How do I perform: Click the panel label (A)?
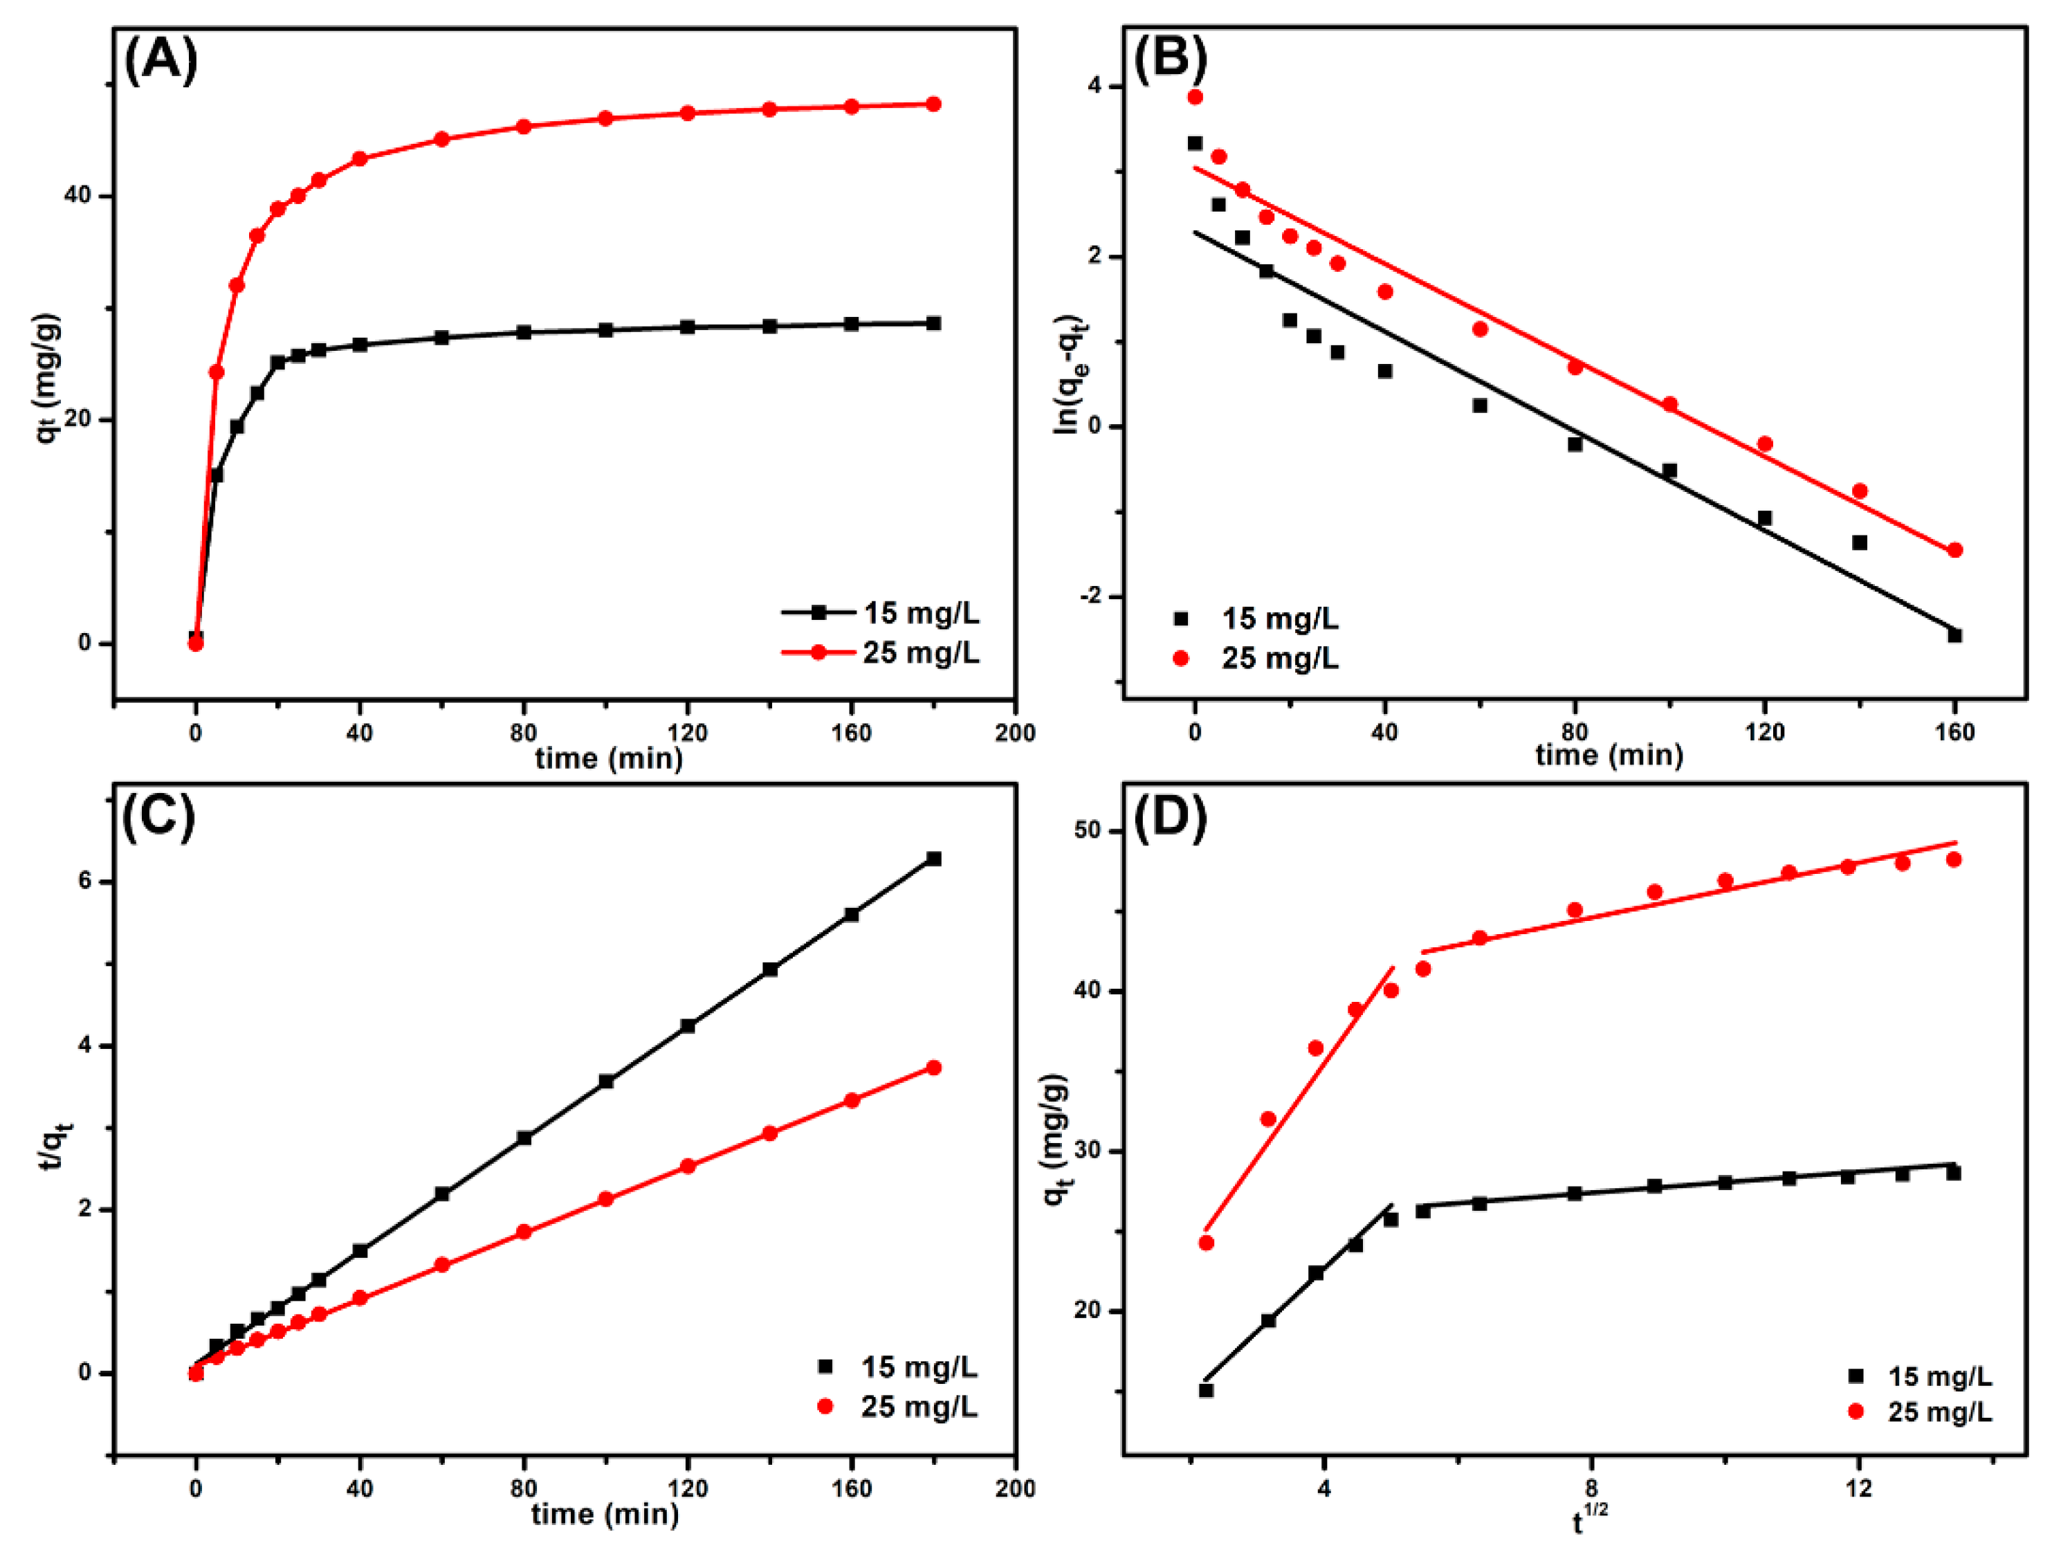click(x=161, y=61)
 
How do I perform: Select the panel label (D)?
click(x=1170, y=817)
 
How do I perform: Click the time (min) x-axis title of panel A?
click(x=608, y=758)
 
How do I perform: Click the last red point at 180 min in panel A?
click(x=933, y=104)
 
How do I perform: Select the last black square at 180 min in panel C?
click(x=933, y=858)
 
